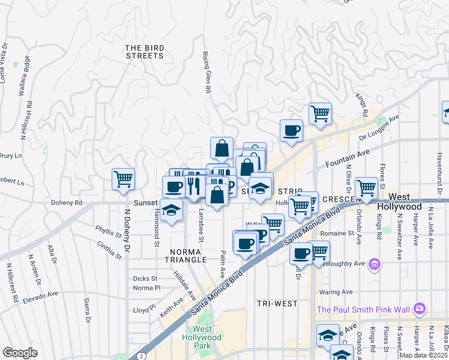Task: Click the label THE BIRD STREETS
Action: click(144, 52)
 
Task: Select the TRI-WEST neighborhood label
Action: click(277, 304)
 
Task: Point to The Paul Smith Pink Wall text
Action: click(363, 310)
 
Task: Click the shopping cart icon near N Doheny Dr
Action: click(123, 179)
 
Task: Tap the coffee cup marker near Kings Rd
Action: click(291, 130)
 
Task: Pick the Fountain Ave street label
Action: click(346, 159)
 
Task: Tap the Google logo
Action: click(20, 353)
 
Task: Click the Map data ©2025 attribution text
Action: click(424, 355)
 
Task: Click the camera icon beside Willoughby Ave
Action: click(375, 263)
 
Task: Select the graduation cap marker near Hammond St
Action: click(172, 210)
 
